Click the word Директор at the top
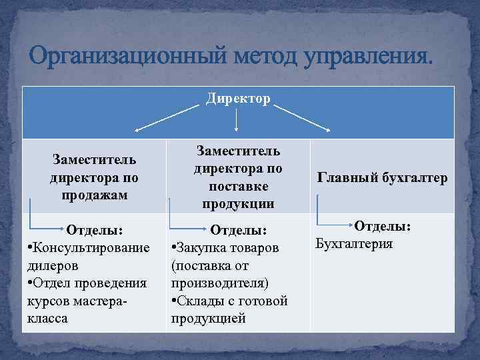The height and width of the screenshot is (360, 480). [x=238, y=99]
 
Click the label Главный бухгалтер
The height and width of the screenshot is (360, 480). [x=382, y=177]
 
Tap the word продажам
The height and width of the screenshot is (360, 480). [x=94, y=195]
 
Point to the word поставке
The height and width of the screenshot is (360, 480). [x=238, y=186]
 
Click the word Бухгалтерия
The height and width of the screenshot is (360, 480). [x=353, y=243]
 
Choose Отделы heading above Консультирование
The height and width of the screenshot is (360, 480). [x=94, y=230]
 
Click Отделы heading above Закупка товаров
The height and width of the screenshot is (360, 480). [x=238, y=230]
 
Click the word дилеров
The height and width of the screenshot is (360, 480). [x=53, y=265]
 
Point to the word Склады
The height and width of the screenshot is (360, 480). [x=201, y=301]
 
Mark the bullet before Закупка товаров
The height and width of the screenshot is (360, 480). [x=173, y=248]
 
